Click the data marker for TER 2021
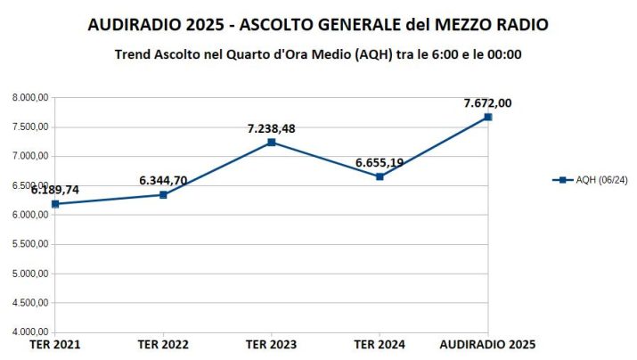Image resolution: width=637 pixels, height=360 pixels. (x=55, y=204)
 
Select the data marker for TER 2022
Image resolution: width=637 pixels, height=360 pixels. (x=163, y=194)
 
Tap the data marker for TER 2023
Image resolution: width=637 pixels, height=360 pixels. (x=272, y=143)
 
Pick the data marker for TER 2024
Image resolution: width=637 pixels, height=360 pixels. (x=380, y=176)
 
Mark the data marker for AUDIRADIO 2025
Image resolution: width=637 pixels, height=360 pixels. (x=488, y=117)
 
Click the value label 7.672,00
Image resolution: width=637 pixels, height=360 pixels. (x=487, y=102)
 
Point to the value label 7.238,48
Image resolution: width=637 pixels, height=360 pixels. (x=272, y=128)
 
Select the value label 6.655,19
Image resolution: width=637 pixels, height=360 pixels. (x=380, y=162)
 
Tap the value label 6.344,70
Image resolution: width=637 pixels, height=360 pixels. (x=163, y=181)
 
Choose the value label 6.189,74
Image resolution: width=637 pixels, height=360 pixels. (x=55, y=190)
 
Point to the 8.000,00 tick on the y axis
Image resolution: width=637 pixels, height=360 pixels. (x=31, y=98)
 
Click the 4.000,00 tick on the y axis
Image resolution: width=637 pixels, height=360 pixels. (x=31, y=332)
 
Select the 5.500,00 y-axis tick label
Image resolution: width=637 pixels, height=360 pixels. (x=31, y=244)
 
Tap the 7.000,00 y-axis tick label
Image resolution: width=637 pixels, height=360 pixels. (x=31, y=157)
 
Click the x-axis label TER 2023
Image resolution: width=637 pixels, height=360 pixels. (x=272, y=344)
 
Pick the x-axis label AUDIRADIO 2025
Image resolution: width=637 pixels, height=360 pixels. (x=488, y=344)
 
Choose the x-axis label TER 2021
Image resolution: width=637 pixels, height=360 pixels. (x=55, y=344)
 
